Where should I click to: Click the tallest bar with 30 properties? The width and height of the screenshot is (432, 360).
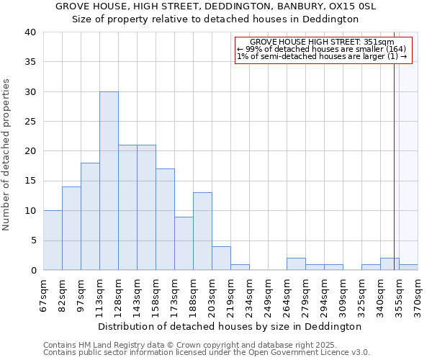pos(109,181)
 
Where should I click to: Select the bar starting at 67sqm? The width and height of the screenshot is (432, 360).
pos(53,240)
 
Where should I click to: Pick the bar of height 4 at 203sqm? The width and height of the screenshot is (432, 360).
pos(221,258)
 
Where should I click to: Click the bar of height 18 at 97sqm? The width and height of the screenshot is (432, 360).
pos(90,216)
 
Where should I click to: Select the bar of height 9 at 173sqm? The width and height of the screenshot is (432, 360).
pos(184,243)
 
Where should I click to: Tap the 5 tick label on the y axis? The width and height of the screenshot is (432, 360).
pos(32,240)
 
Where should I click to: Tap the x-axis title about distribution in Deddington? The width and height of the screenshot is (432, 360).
pos(229,326)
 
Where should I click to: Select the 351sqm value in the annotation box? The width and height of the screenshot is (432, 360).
pos(380,42)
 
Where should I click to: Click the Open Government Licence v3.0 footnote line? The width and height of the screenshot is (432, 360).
pos(207,353)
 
